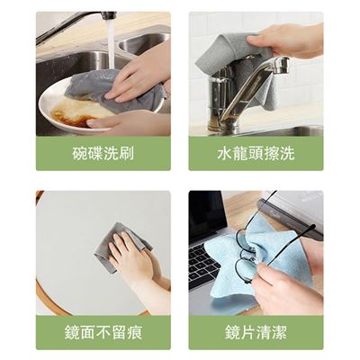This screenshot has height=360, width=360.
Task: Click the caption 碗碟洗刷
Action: click(x=103, y=153)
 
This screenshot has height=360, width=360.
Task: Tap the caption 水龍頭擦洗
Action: click(x=256, y=153)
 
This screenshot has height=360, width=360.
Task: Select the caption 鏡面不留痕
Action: click(x=103, y=332)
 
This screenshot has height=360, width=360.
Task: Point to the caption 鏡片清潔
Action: click(x=256, y=332)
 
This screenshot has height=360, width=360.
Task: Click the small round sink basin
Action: click(x=142, y=43)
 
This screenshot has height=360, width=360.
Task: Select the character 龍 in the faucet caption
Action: click(x=240, y=153)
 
